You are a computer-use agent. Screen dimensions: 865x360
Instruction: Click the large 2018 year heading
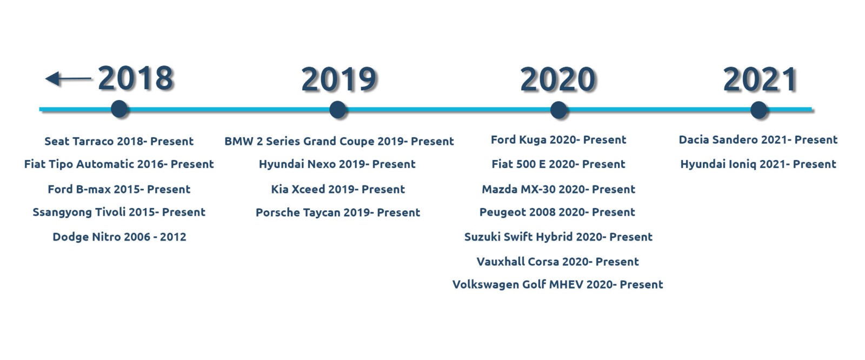point(136,78)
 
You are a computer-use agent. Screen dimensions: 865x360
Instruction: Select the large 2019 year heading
point(338,79)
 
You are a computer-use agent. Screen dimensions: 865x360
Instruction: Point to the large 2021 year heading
point(760,79)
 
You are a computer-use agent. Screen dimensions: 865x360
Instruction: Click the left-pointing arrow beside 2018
point(68,79)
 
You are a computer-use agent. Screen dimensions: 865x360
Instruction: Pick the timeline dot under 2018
point(119,109)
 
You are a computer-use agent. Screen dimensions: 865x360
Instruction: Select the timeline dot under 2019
point(338,110)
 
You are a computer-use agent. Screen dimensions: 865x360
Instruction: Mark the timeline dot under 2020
point(558,110)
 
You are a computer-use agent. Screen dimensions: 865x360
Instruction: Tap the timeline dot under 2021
point(759,110)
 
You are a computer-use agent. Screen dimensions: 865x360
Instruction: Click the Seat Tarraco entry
point(119,142)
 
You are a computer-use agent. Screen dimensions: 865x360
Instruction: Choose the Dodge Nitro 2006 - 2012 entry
point(119,237)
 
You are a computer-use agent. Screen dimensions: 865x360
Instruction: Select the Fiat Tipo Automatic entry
point(119,164)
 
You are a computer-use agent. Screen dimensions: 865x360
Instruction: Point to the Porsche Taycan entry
point(338,213)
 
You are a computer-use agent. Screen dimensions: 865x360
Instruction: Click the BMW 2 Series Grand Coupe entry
point(339,142)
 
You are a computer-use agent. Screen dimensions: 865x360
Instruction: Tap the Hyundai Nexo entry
point(337,164)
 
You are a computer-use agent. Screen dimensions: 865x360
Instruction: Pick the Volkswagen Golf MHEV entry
point(557,285)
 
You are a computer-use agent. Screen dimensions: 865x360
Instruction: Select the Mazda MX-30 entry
point(558,189)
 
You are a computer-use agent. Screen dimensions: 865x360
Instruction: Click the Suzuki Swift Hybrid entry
point(558,237)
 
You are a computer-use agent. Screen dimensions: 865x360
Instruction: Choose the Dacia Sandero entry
point(758,140)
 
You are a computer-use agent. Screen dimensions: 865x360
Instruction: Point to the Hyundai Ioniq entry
point(758,164)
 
